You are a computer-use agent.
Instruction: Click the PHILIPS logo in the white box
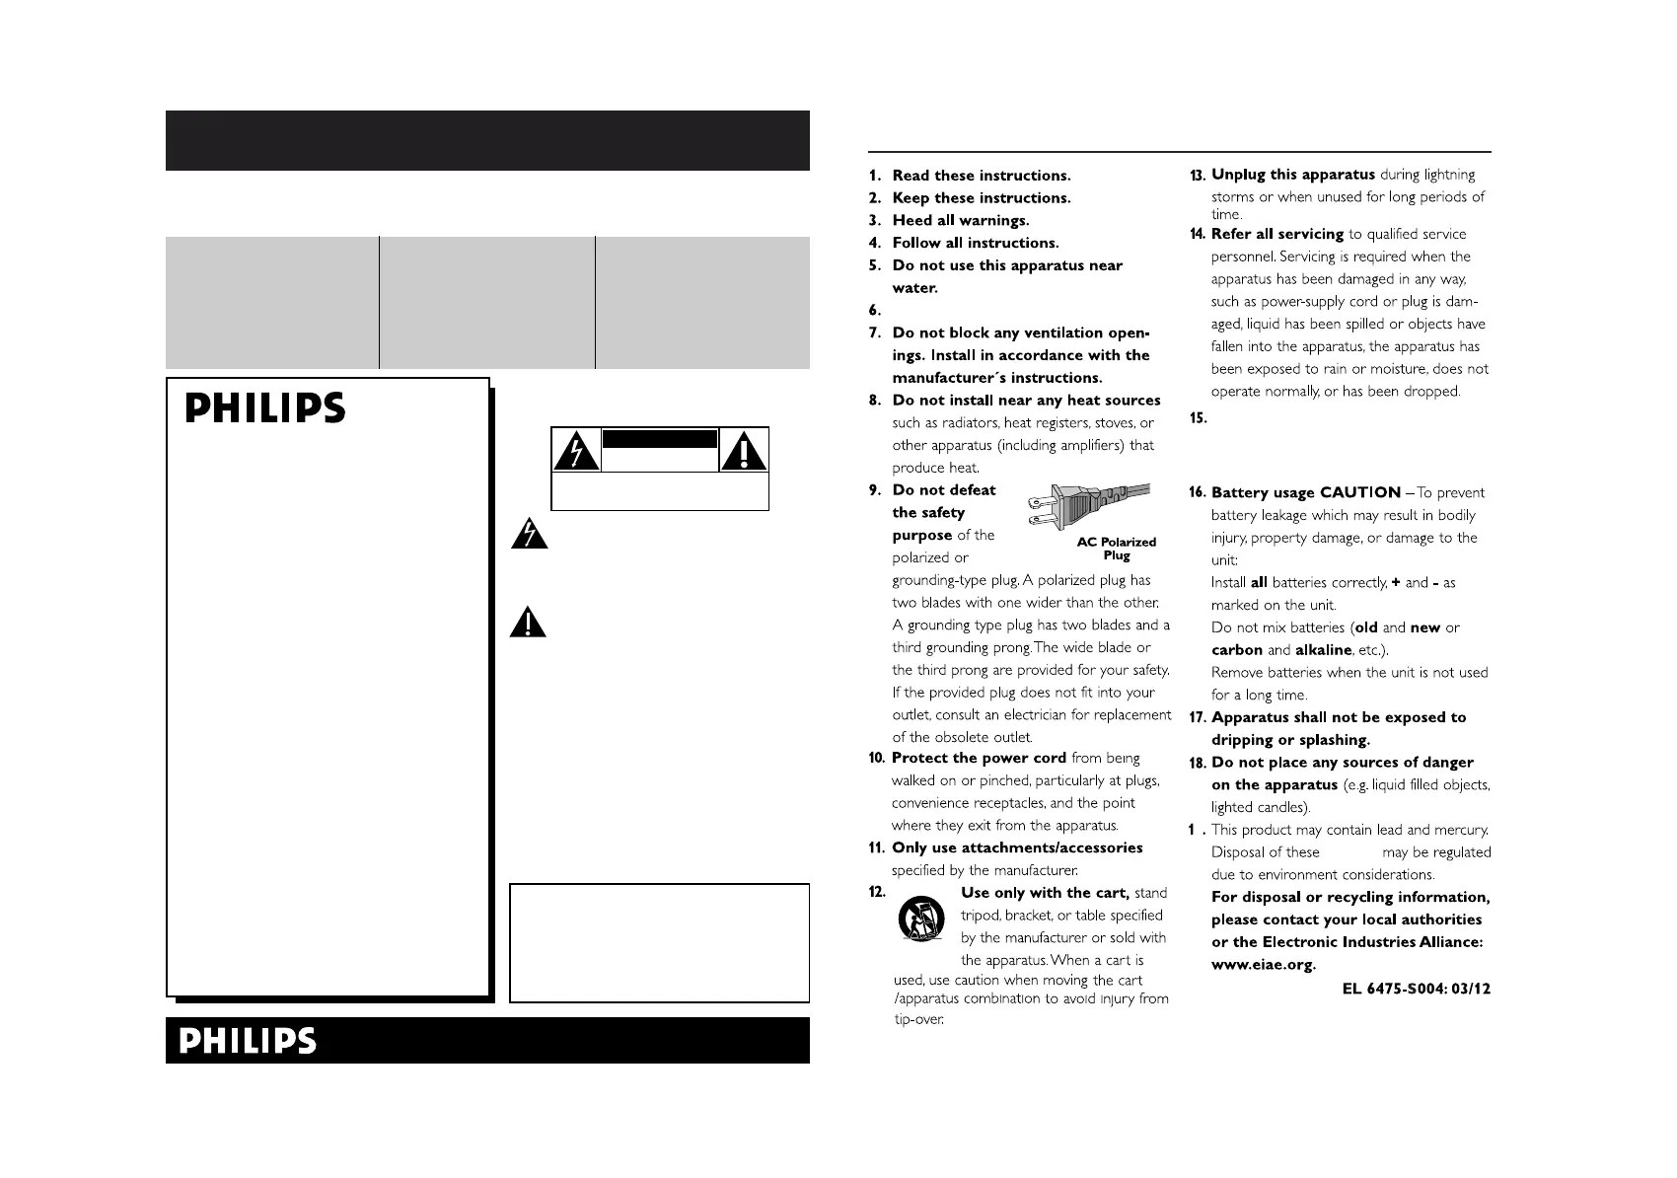(x=265, y=408)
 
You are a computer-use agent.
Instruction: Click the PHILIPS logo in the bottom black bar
(x=248, y=1041)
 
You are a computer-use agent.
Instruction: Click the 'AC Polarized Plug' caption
(x=1116, y=549)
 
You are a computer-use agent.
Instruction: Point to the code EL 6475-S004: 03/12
(x=1416, y=988)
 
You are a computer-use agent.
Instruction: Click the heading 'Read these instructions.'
(x=981, y=176)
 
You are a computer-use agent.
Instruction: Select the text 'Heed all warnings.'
(x=960, y=220)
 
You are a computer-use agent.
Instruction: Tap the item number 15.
(x=1199, y=418)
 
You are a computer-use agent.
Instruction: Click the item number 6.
(x=875, y=311)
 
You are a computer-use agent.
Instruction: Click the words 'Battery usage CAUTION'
(x=1305, y=492)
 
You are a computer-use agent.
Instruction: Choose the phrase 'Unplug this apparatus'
(x=1292, y=175)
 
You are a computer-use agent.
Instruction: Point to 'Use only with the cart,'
(x=1045, y=893)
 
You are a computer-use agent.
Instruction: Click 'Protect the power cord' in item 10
(x=979, y=758)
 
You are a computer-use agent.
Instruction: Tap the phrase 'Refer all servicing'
(x=1276, y=234)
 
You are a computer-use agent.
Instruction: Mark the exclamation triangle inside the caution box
(x=744, y=451)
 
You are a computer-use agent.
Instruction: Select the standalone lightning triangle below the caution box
(x=529, y=534)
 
